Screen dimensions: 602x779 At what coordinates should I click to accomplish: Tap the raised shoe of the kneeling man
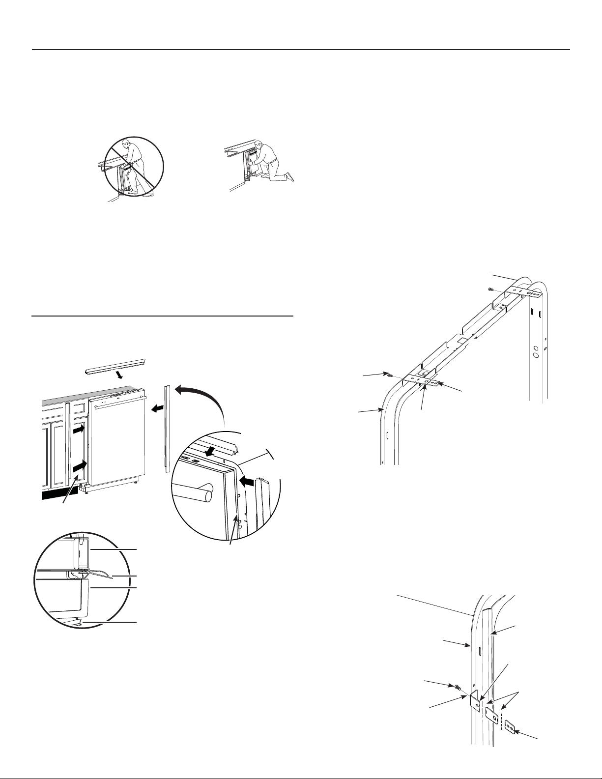pos(290,176)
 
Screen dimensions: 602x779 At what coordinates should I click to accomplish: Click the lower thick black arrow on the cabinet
pos(80,465)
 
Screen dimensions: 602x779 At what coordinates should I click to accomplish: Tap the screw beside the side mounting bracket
pos(457,687)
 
